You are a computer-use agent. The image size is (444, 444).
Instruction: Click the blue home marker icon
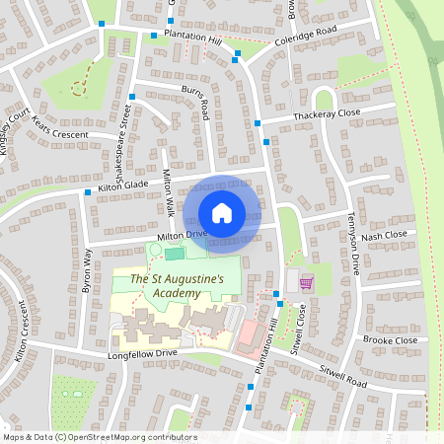(x=222, y=212)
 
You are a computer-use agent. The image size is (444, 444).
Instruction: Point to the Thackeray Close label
(x=327, y=115)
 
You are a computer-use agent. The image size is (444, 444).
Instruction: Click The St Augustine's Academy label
(x=178, y=287)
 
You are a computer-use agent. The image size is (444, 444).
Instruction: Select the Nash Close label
(x=384, y=237)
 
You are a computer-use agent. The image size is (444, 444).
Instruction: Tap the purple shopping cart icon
(x=306, y=283)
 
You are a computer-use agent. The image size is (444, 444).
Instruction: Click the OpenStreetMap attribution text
(x=100, y=437)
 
